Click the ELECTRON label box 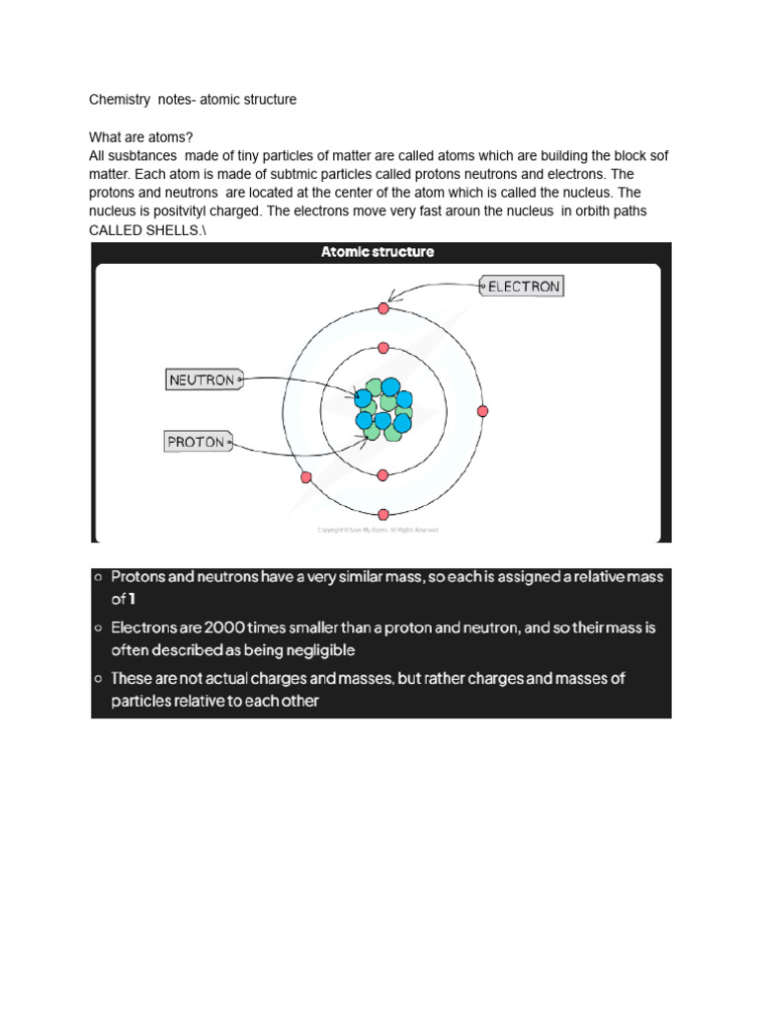(522, 287)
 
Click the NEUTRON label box (202, 379)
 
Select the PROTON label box (196, 443)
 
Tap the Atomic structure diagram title (378, 252)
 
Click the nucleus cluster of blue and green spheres (382, 409)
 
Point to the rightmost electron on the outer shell (482, 411)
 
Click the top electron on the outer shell (383, 309)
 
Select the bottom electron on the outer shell (383, 514)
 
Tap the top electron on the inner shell (383, 349)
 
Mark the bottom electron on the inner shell (383, 474)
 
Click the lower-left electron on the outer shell (305, 476)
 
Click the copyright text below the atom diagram (378, 530)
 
